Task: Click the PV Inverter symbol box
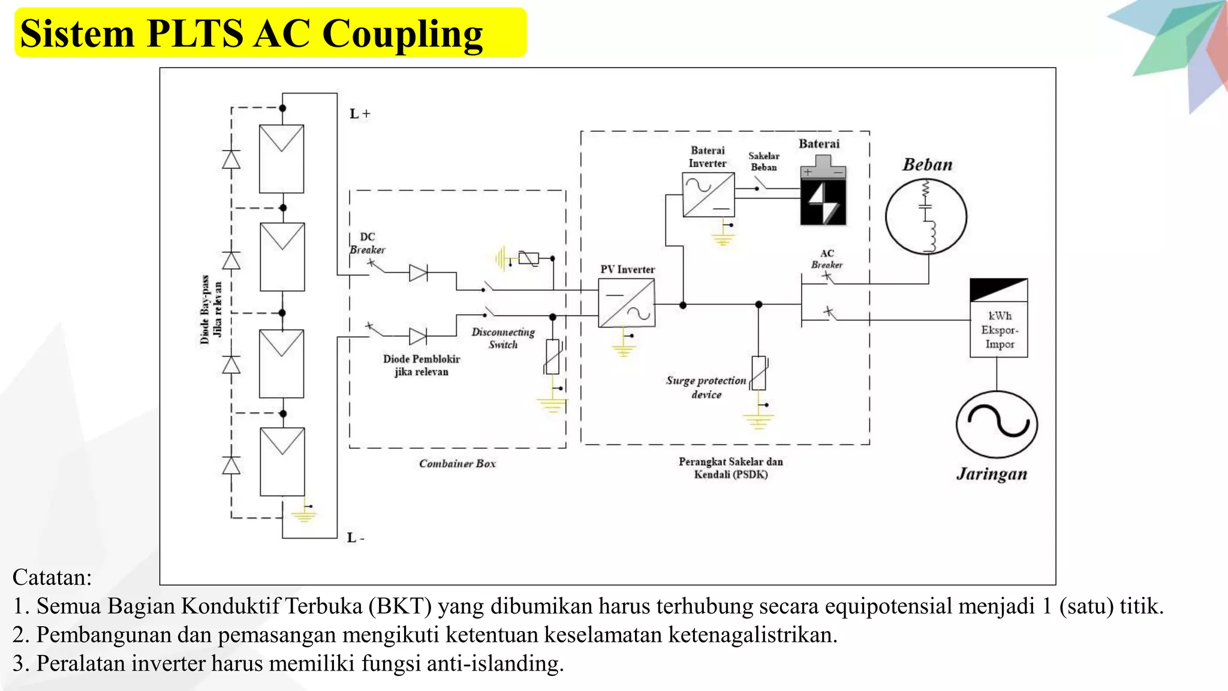627,304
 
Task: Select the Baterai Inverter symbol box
708,194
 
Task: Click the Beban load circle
926,216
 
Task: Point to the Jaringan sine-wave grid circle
997,425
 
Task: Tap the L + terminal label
360,114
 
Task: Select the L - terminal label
356,537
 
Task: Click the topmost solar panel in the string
281,159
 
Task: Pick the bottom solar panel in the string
282,461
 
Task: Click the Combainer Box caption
457,464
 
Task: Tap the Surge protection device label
706,387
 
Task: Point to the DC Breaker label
367,244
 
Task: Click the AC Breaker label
827,259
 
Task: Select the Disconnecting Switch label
503,338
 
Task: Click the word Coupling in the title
402,34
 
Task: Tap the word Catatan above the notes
52,577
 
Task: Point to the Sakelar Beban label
763,161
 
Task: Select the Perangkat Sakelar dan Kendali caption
730,468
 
